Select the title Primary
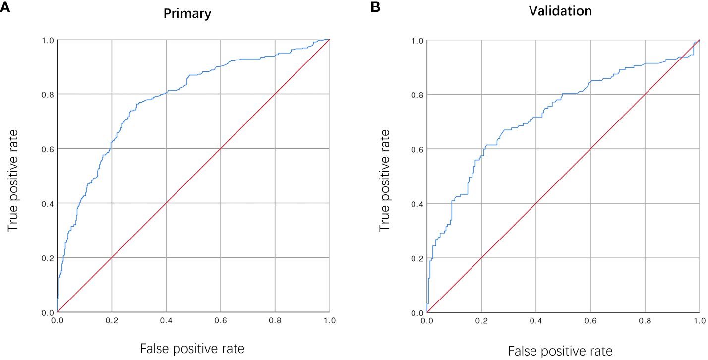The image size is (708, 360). (187, 14)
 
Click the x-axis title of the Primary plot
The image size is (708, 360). (192, 349)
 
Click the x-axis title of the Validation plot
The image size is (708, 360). (561, 351)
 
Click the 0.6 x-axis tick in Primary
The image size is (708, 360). (221, 321)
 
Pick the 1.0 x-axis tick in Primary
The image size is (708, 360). (330, 321)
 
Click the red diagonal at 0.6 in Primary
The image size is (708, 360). (221, 149)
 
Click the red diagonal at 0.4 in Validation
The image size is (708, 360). (536, 203)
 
